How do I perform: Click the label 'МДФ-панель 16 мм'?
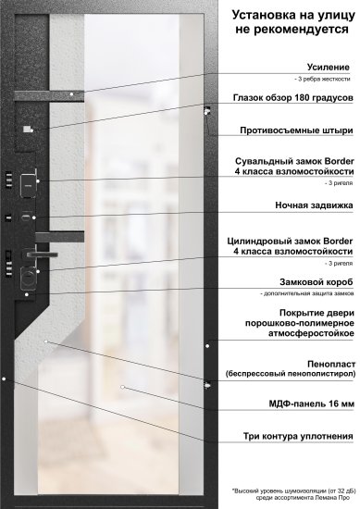311,404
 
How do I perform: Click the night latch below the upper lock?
25,218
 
